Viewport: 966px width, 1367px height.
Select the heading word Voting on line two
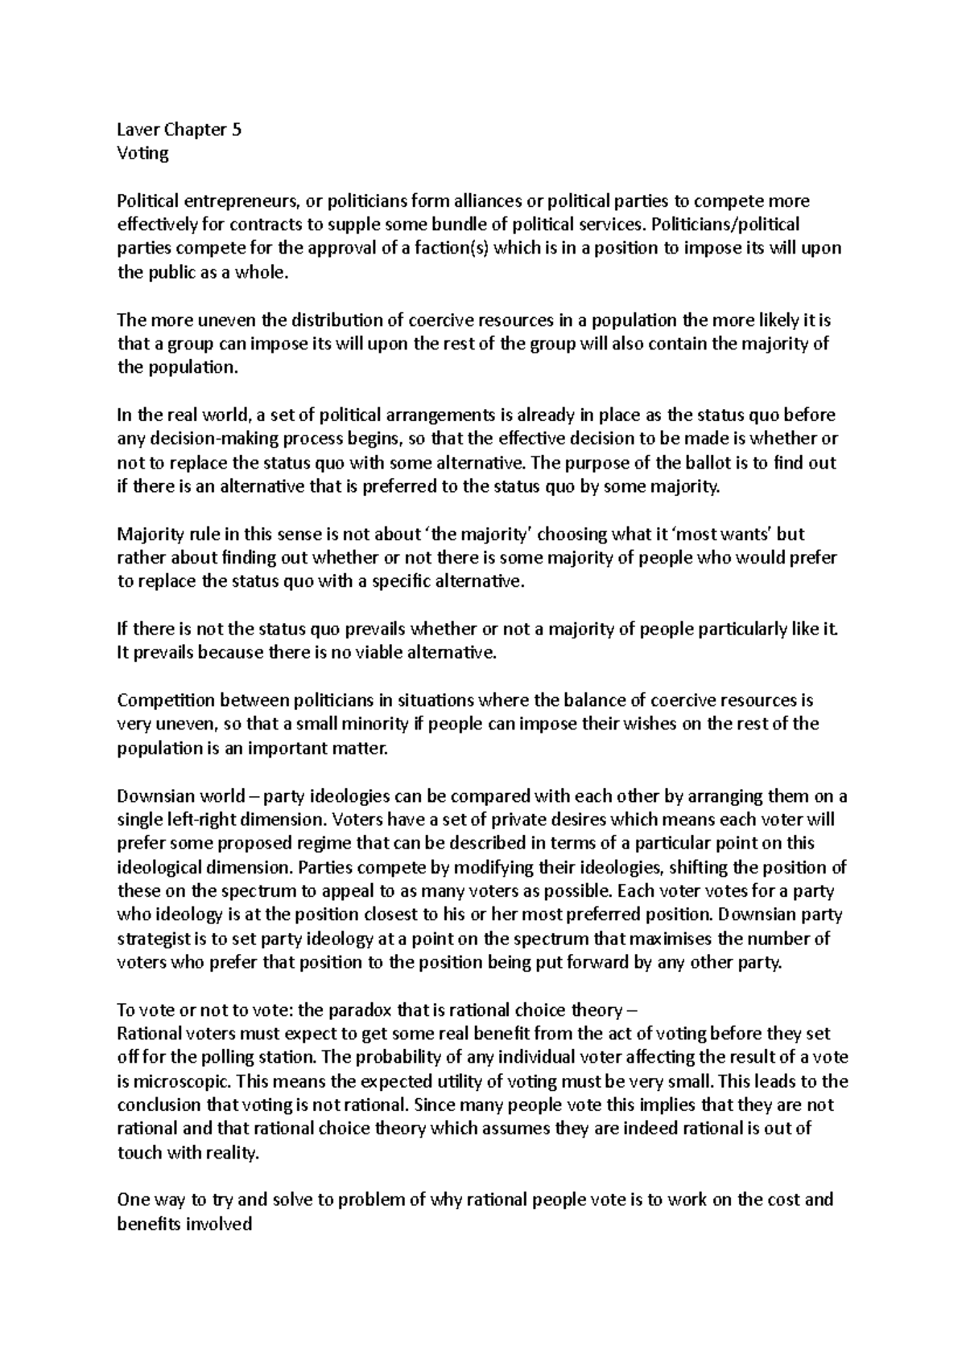coord(142,153)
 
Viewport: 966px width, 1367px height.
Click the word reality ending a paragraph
coord(234,1153)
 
